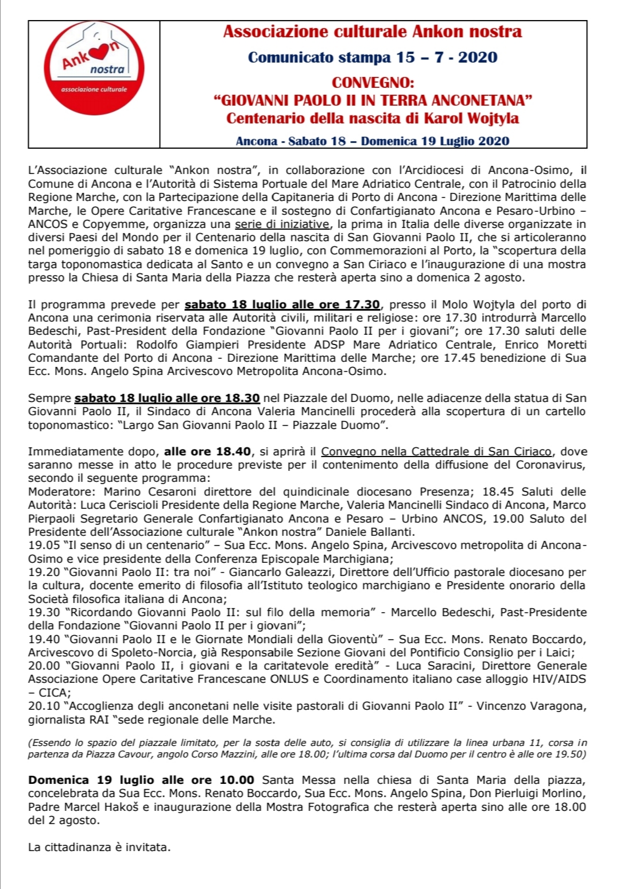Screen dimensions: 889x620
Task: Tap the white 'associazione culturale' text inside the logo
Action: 94,89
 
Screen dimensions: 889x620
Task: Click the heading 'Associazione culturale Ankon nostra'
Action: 373,32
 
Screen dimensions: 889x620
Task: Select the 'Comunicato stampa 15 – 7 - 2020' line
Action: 373,57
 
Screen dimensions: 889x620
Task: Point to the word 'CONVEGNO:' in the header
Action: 373,82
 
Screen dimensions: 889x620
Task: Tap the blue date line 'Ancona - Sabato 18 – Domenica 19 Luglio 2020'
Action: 373,141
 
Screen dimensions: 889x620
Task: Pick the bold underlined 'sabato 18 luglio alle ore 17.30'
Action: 282,304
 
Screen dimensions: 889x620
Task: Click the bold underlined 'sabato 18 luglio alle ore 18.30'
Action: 167,398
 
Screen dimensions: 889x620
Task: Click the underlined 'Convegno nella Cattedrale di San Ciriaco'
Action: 436,451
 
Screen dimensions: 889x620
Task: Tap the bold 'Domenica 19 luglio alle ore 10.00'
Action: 141,780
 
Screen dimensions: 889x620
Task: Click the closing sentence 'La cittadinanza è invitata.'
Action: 99,847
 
